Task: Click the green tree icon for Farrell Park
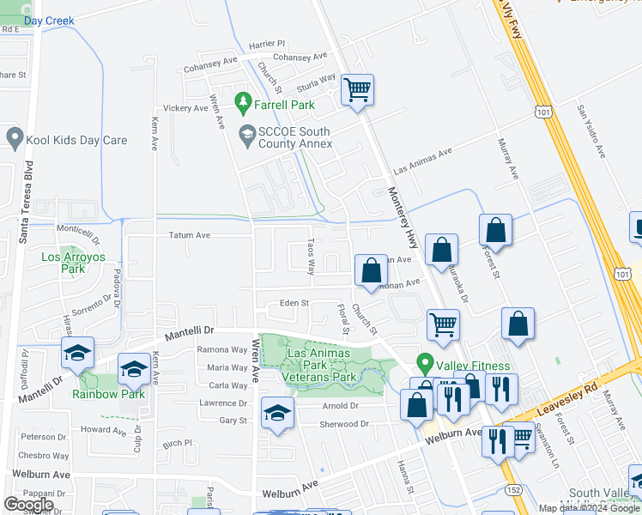244,104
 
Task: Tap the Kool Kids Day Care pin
14,137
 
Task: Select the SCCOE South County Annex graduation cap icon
246,132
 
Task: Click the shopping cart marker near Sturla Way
356,88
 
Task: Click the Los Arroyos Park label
64,263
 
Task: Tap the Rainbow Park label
108,394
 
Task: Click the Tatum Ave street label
190,234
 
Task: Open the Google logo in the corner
28,504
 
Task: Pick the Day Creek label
49,21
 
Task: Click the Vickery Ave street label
186,108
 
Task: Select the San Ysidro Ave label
591,131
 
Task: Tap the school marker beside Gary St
277,413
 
